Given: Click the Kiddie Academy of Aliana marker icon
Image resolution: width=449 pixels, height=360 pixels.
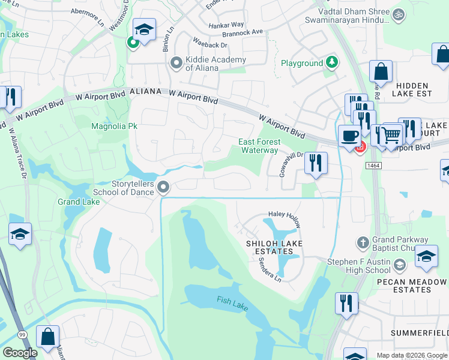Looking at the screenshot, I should click(x=176, y=62).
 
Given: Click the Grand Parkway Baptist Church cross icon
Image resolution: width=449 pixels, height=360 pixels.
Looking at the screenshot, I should click(x=362, y=242).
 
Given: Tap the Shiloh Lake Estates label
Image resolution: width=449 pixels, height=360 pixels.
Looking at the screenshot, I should click(x=274, y=247).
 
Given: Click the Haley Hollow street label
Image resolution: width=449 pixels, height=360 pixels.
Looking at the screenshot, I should click(x=284, y=218).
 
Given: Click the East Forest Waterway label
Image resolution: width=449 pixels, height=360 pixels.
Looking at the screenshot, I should click(x=259, y=146).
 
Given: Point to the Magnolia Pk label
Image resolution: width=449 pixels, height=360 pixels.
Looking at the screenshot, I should click(x=114, y=126).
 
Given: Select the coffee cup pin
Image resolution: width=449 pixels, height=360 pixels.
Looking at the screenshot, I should click(x=349, y=136).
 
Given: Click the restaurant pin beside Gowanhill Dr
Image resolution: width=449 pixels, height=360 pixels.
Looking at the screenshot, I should click(x=316, y=162).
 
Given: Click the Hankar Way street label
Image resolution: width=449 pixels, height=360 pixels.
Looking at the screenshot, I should click(x=226, y=25).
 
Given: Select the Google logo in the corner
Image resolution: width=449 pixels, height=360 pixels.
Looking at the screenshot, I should click(x=19, y=353).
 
